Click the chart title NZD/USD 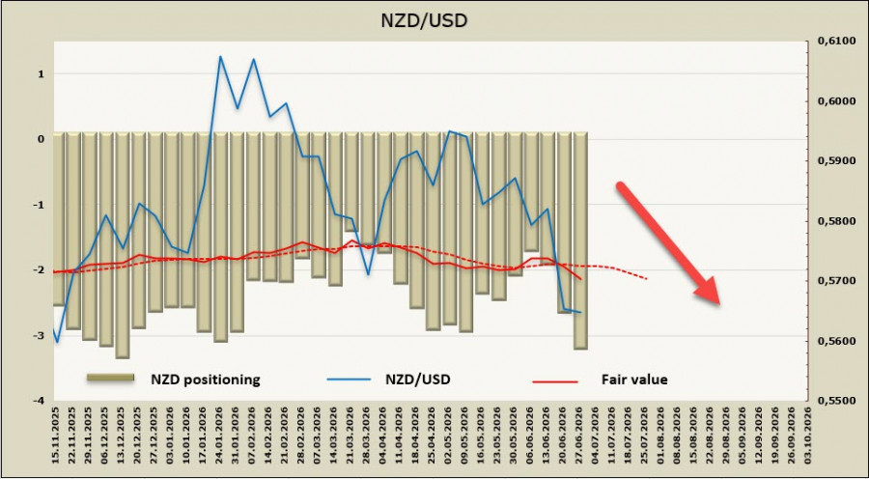tap(424, 20)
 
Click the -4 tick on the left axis tap(40, 400)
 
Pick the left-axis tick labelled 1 tap(41, 73)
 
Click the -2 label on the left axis tap(40, 270)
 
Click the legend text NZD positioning tap(206, 380)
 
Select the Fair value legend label tap(634, 380)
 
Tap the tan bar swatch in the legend tap(110, 378)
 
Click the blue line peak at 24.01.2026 tap(220, 56)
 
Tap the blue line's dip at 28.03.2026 tap(368, 275)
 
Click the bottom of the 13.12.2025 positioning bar tap(123, 357)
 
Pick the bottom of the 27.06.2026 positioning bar tap(580, 349)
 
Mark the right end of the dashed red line tap(647, 278)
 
